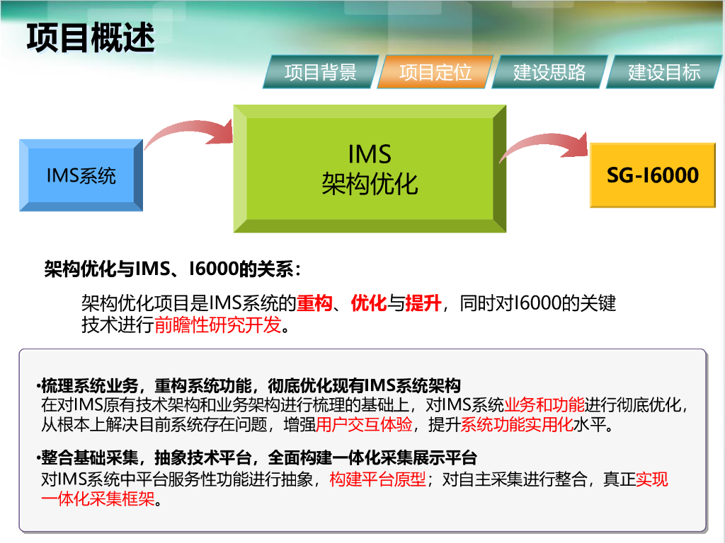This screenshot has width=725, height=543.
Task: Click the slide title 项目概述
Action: pos(91,37)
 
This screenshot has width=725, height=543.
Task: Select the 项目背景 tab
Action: pos(320,71)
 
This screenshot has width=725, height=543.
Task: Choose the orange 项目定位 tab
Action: pos(435,71)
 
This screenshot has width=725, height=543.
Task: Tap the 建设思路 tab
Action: pos(549,71)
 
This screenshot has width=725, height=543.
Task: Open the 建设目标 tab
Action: pos(664,71)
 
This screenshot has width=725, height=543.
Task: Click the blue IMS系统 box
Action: pos(81,175)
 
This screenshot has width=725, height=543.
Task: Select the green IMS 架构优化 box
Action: pos(370,169)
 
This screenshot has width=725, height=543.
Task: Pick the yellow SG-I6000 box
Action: pos(652,175)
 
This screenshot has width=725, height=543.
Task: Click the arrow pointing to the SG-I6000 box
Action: pos(542,145)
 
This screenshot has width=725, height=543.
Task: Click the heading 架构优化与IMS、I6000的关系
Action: pos(173,269)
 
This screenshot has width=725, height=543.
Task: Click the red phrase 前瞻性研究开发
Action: pos(217,325)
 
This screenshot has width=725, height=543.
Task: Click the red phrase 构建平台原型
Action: pos(378,480)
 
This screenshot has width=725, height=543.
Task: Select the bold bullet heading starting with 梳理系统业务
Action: pos(251,386)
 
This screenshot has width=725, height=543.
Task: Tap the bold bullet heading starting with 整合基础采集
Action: pos(259,458)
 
